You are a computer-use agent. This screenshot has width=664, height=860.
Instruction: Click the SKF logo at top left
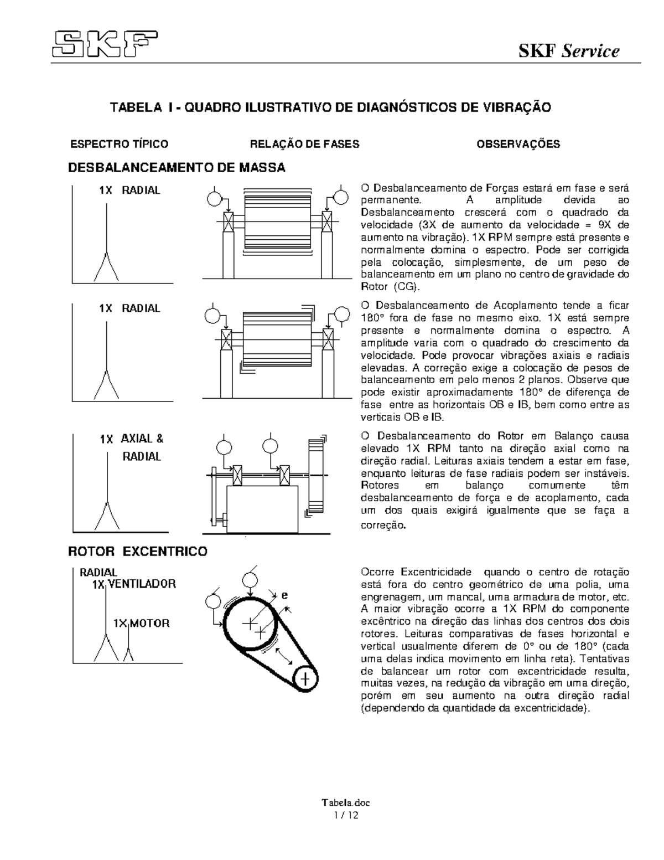tap(105, 44)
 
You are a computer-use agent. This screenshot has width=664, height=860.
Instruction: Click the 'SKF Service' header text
tap(568, 52)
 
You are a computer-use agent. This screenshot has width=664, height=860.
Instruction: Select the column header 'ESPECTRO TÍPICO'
tap(118, 145)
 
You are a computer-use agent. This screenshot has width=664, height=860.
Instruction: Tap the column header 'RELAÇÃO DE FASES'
tap(305, 145)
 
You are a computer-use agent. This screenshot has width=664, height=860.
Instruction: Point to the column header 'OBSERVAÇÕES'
tap(518, 145)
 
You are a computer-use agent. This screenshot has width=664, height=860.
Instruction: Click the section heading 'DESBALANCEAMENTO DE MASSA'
tap(177, 168)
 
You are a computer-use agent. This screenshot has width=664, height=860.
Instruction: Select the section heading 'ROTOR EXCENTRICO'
tap(138, 552)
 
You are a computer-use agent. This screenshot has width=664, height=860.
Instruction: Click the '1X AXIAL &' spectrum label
tap(132, 439)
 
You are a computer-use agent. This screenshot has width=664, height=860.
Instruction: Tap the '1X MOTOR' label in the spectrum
tap(141, 624)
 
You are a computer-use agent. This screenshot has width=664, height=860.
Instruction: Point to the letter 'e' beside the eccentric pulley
tap(284, 596)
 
